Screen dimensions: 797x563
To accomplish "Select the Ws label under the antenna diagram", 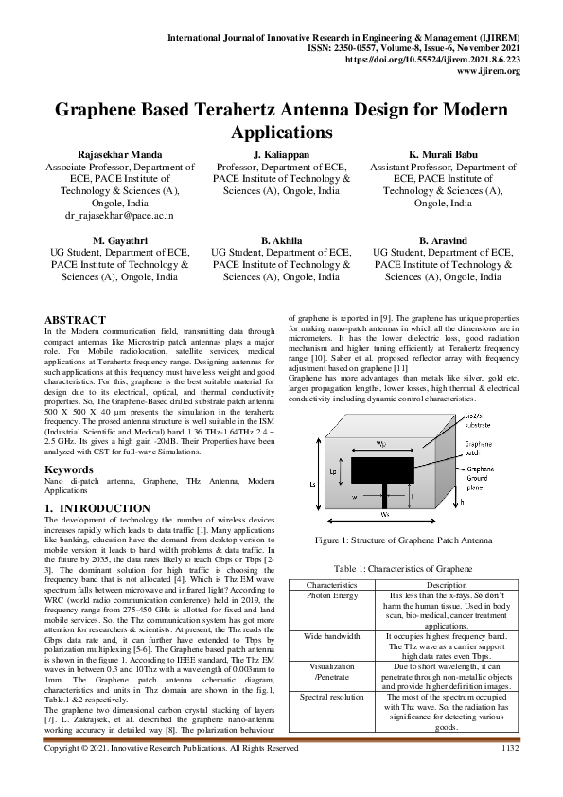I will click(384, 514).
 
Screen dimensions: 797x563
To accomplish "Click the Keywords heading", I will click(68, 469).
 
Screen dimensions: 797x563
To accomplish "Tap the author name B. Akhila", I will click(280, 240).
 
